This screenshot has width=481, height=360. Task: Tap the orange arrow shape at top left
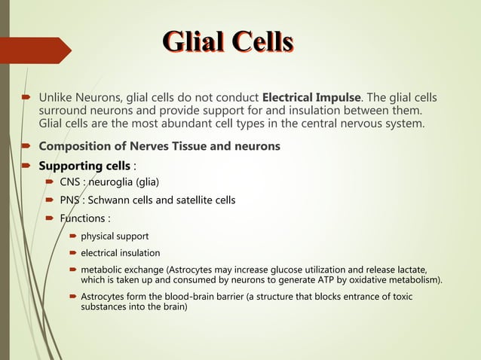point(37,50)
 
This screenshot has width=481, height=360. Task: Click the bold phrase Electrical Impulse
point(311,98)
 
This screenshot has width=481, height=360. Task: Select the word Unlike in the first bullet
point(56,98)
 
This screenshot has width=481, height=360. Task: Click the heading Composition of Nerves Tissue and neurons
point(159,146)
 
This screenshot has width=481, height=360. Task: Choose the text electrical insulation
point(120,253)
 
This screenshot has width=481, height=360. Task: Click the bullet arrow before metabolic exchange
point(74,270)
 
